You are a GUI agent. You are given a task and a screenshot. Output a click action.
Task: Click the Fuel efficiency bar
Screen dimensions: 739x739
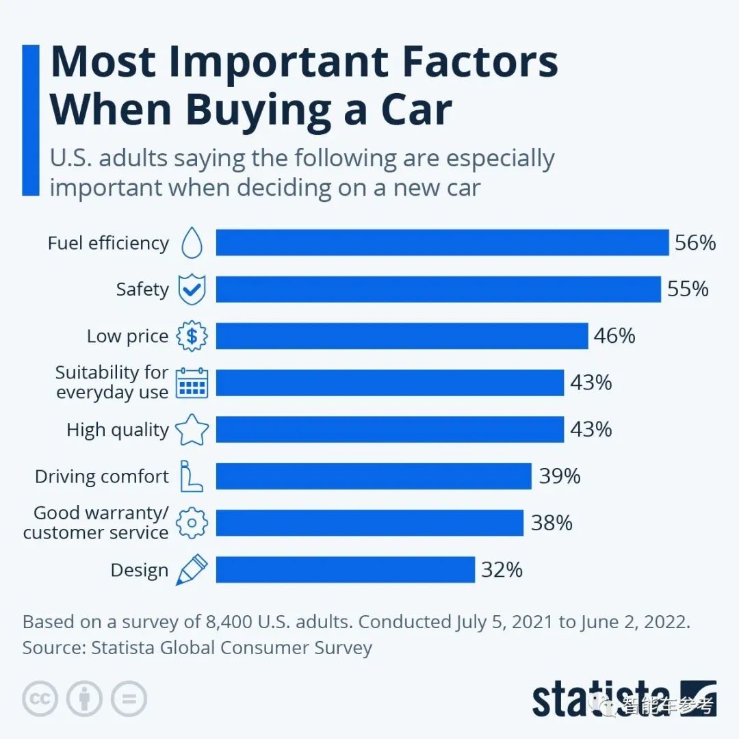pyautogui.click(x=442, y=243)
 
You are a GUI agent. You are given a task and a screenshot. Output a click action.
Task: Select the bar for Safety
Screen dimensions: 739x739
pyautogui.click(x=438, y=289)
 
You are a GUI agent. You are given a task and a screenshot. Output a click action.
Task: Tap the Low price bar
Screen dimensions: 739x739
pyautogui.click(x=402, y=336)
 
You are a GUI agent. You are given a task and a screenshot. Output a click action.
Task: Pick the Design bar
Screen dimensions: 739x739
pyautogui.click(x=345, y=569)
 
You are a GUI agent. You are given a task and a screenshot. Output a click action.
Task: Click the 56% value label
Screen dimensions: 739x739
pyautogui.click(x=695, y=243)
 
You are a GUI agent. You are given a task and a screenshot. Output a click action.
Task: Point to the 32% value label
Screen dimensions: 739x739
pyautogui.click(x=502, y=569)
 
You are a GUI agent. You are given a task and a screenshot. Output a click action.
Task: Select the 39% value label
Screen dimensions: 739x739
pyautogui.click(x=560, y=476)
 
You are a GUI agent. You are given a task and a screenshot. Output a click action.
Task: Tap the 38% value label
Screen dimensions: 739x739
pyautogui.click(x=552, y=523)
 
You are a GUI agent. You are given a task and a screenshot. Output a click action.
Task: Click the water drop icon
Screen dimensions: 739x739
pyautogui.click(x=192, y=243)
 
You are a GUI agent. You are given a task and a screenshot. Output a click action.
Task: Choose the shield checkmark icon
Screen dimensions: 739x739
pyautogui.click(x=192, y=289)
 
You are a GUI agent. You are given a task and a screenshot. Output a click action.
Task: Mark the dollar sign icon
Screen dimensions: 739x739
pyautogui.click(x=192, y=336)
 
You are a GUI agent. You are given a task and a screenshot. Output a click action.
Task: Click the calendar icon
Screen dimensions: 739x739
pyautogui.click(x=192, y=383)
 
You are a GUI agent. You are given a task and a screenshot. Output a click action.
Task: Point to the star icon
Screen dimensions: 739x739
pyautogui.click(x=192, y=430)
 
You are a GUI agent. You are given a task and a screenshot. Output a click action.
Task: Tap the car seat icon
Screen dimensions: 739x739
pyautogui.click(x=191, y=476)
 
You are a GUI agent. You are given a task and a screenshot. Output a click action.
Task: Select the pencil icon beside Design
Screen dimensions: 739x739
pyautogui.click(x=191, y=569)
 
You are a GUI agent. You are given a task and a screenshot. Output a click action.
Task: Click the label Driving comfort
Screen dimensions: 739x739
pyautogui.click(x=102, y=476)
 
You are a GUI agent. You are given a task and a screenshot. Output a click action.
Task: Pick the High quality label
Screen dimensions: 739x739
pyautogui.click(x=117, y=430)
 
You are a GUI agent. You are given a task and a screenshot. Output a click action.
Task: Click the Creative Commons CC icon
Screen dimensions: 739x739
pyautogui.click(x=40, y=698)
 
